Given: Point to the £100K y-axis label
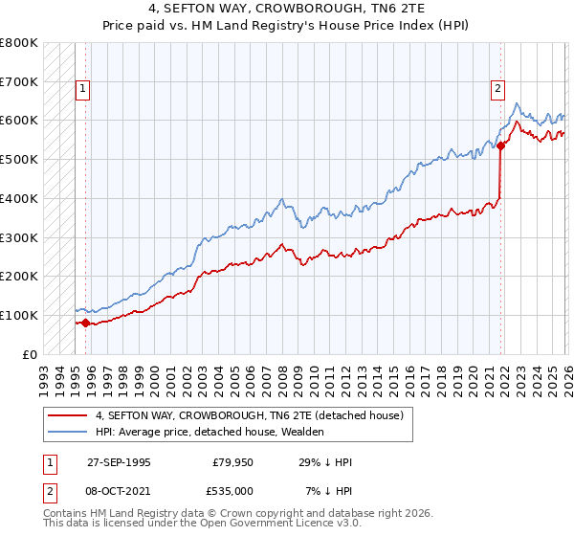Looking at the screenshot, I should coord(19,315).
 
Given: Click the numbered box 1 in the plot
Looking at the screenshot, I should coord(83,89).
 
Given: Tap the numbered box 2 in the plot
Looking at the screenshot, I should coord(498,89).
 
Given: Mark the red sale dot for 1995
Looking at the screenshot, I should coord(85,323).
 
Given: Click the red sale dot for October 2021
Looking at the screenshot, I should coord(500,145).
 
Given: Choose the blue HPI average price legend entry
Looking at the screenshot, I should coord(210,432).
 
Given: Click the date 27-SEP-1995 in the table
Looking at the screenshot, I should coord(119,461).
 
